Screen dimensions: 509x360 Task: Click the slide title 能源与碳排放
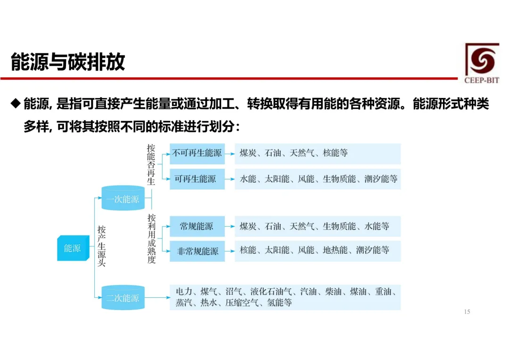pyautogui.click(x=68, y=62)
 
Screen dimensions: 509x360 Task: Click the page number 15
pyautogui.click(x=467, y=312)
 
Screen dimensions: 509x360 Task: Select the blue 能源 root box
pyautogui.click(x=72, y=247)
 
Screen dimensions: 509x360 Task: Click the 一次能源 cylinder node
pyautogui.click(x=123, y=199)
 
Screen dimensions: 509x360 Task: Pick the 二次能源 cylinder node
pyautogui.click(x=123, y=298)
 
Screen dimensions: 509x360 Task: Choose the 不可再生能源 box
pyautogui.click(x=197, y=153)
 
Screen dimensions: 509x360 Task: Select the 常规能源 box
pyautogui.click(x=197, y=227)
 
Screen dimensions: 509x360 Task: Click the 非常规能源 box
pyautogui.click(x=197, y=251)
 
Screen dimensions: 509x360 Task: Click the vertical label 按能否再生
pyautogui.click(x=151, y=165)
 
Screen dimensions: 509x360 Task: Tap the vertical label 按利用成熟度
pyautogui.click(x=151, y=239)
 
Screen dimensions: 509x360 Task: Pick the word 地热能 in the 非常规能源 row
pyautogui.click(x=335, y=251)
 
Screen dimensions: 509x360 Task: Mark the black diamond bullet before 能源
pyautogui.click(x=16, y=103)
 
